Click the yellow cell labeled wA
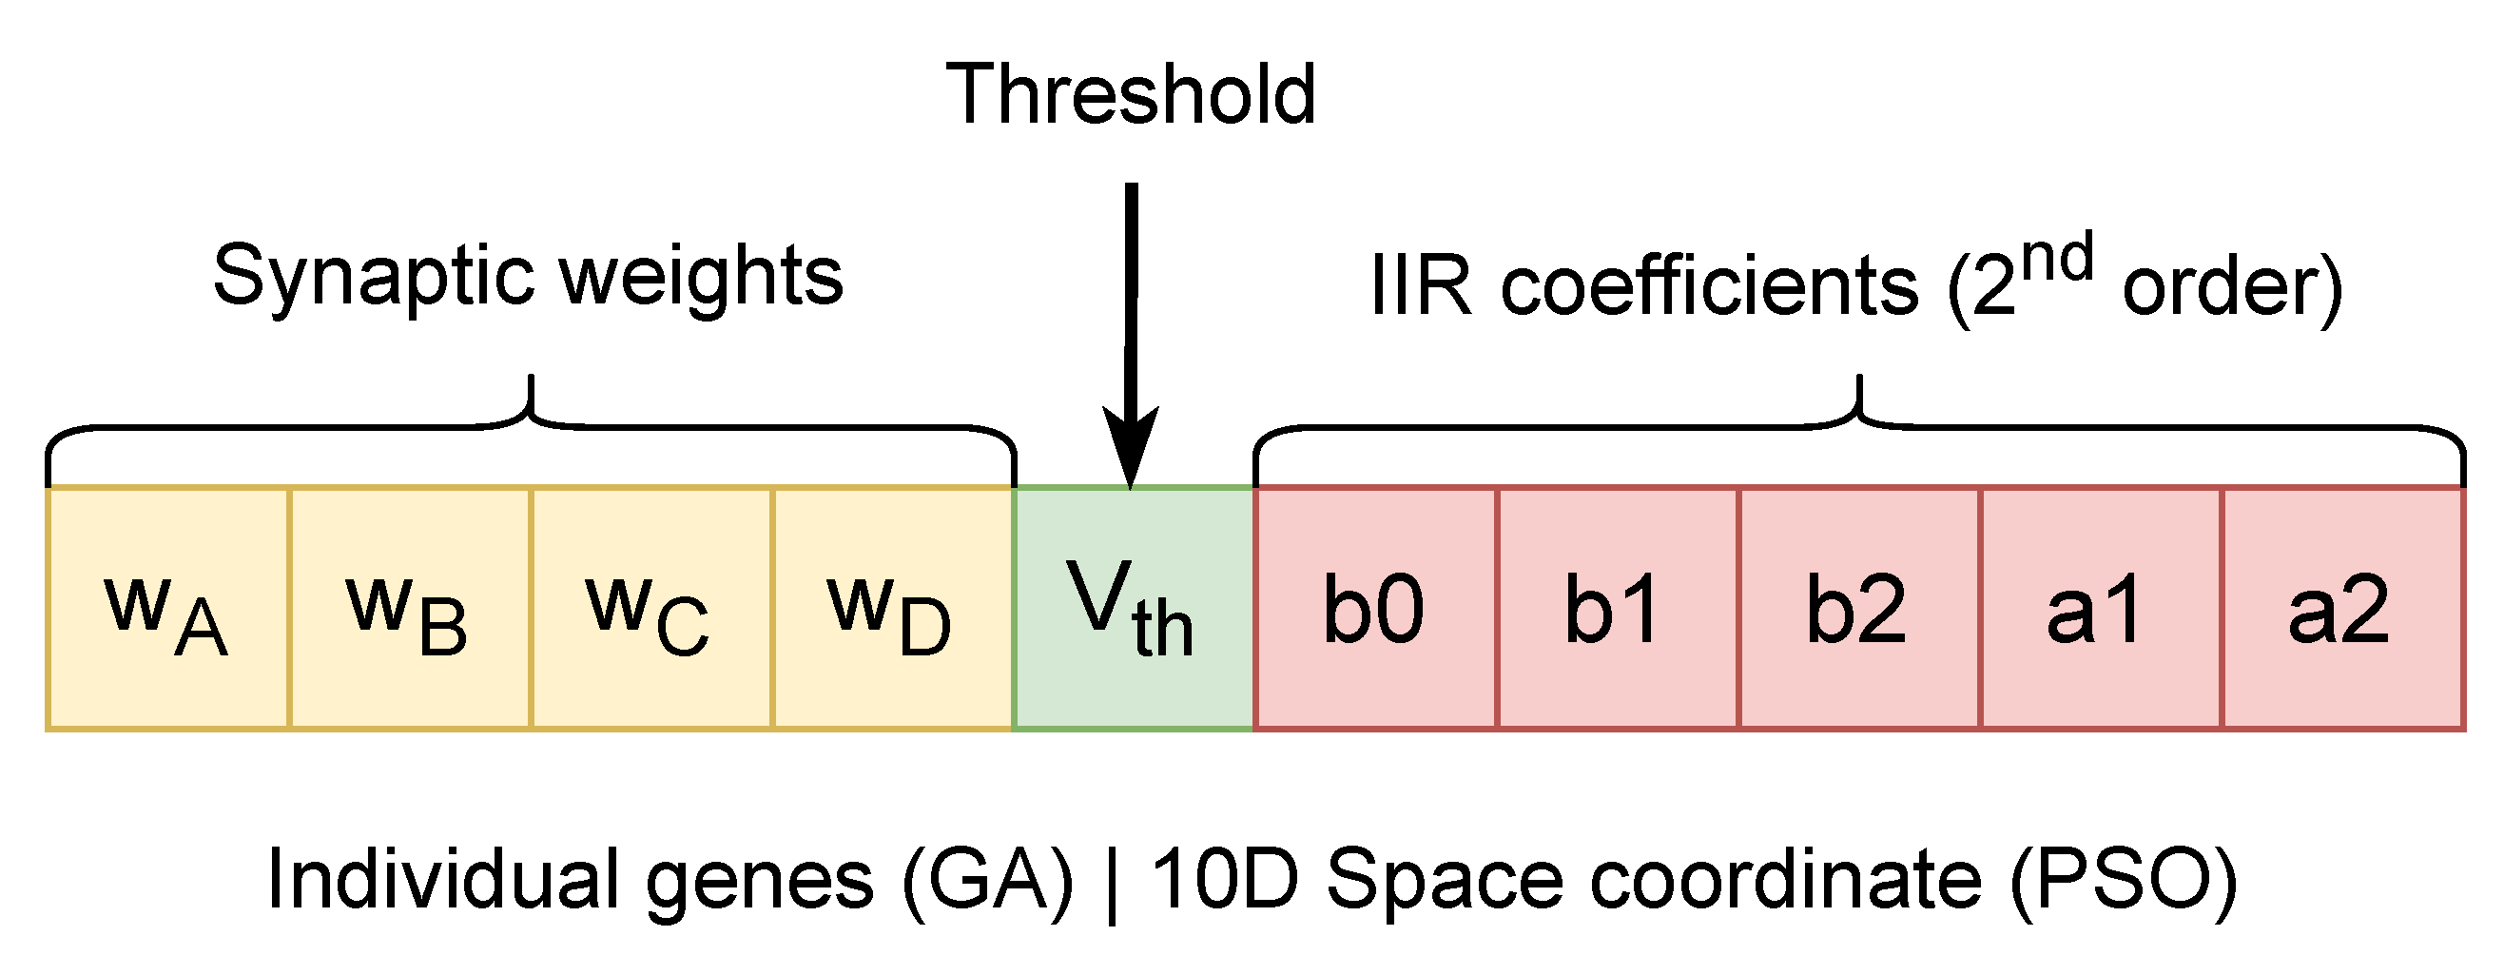point(167,609)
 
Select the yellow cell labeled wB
point(409,609)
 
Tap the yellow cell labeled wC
point(650,609)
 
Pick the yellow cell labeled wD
point(892,609)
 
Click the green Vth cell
point(1134,609)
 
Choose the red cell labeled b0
point(1374,609)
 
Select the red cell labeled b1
point(1617,609)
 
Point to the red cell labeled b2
point(1858,609)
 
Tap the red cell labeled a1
point(2100,609)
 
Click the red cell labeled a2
point(2341,609)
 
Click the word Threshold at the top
point(1131,94)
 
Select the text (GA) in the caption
point(986,881)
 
